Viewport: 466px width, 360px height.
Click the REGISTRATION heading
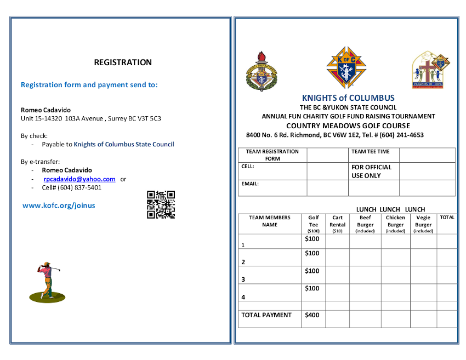point(123,62)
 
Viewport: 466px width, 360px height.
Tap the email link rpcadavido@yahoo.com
point(79,179)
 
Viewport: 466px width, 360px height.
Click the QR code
point(161,204)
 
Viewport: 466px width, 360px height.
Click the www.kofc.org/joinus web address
point(59,205)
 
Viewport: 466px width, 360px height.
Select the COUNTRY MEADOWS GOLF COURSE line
point(348,125)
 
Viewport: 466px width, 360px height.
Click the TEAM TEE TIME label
point(371,152)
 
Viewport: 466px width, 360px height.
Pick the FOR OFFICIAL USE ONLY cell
point(372,172)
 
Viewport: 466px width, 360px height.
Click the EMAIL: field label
point(250,184)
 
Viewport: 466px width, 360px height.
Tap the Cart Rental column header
point(337,224)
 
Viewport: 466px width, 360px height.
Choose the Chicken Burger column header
point(395,224)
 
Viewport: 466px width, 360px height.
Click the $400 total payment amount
point(312,315)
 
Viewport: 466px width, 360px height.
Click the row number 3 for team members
point(243,279)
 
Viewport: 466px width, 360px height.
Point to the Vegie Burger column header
point(423,224)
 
